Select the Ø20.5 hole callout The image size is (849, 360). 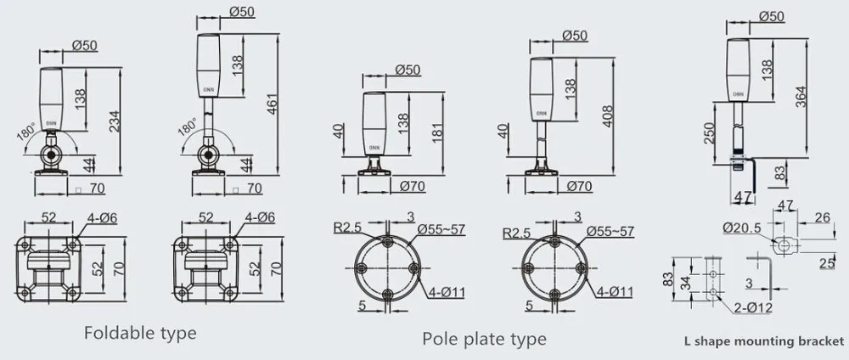click(x=741, y=228)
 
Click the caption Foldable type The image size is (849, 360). click(x=140, y=332)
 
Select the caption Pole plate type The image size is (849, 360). click(x=484, y=340)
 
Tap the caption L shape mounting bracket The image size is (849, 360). click(x=764, y=342)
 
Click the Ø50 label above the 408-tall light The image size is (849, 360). click(x=575, y=35)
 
